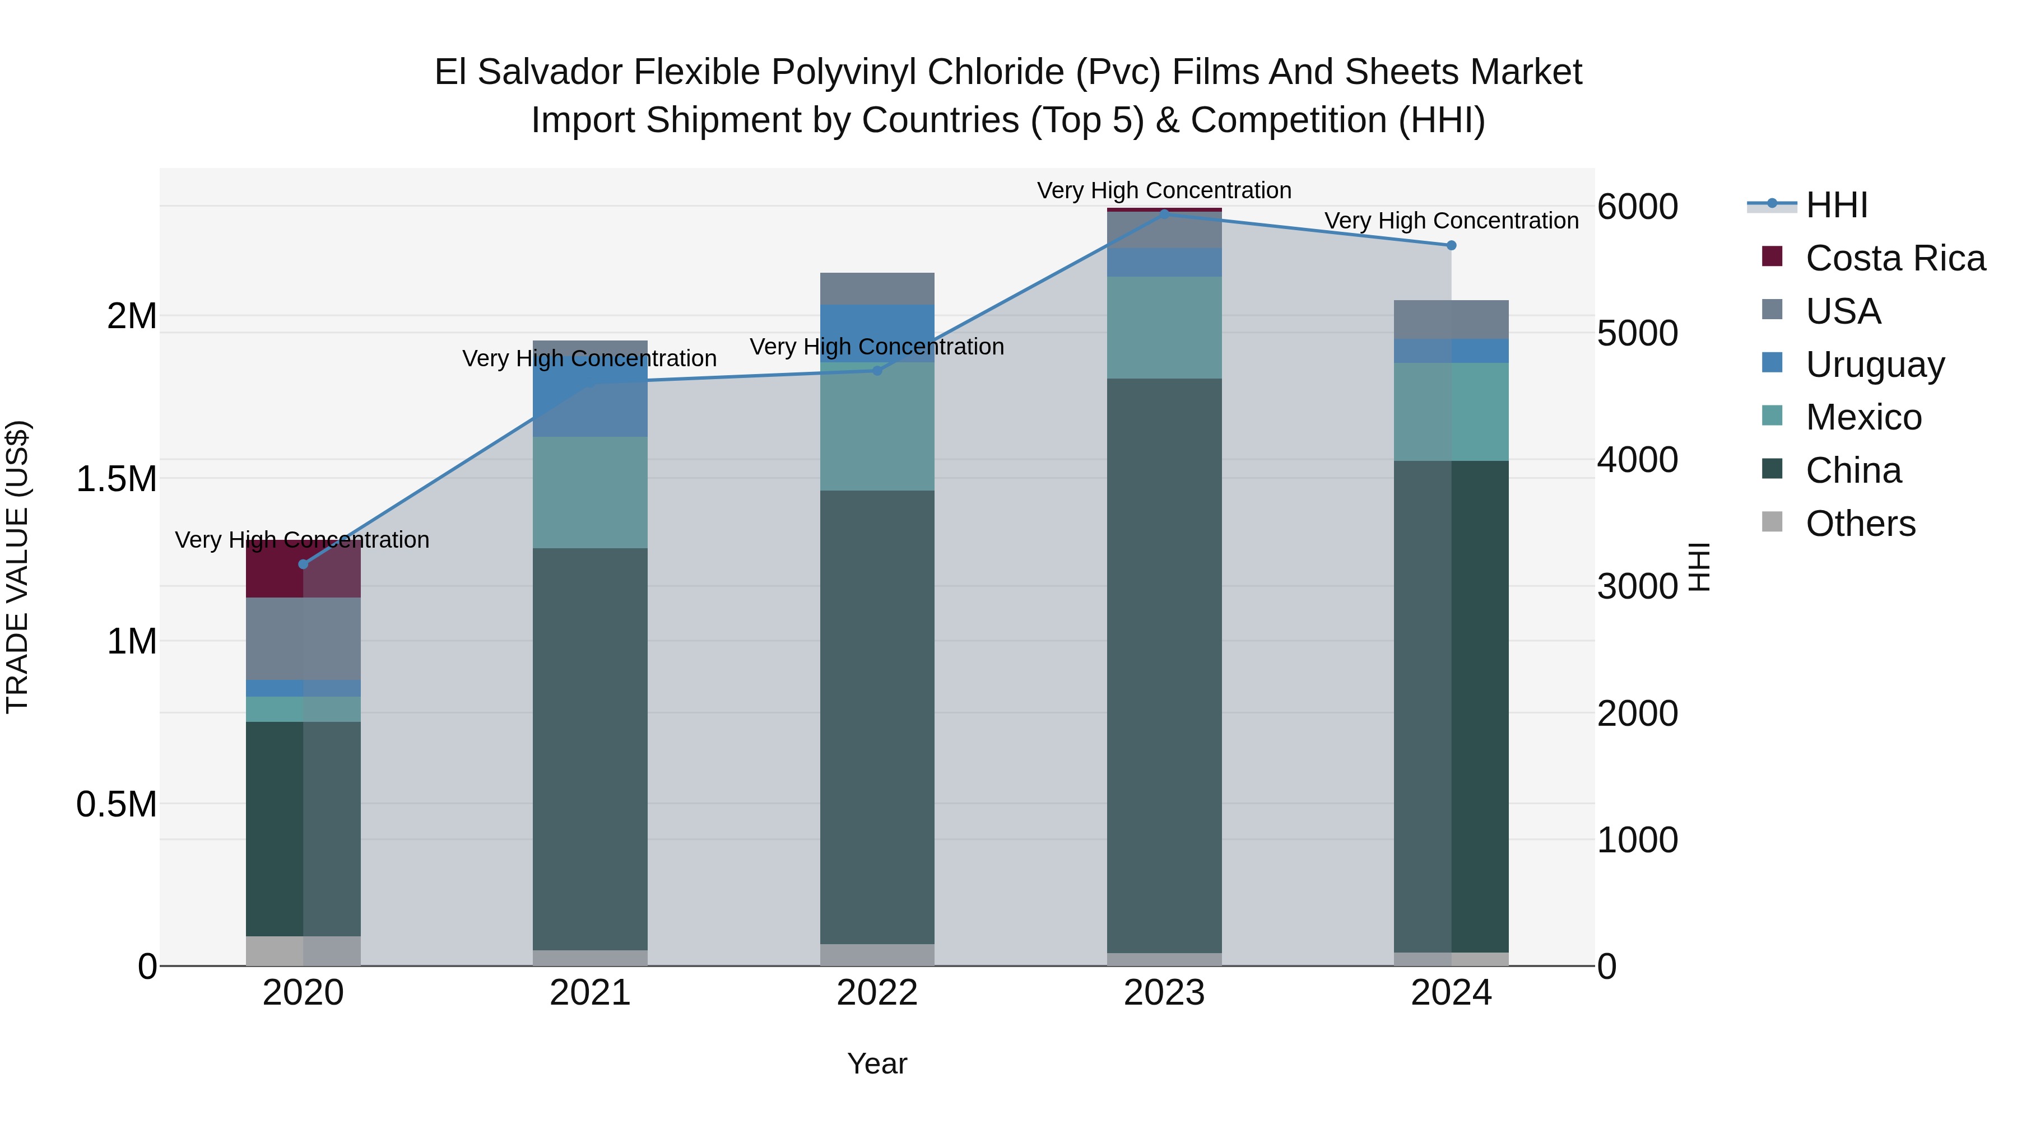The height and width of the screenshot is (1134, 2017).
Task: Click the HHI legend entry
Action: coord(1835,206)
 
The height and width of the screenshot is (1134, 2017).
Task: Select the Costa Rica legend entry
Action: coord(1894,258)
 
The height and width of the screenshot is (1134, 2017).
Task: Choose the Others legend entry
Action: coord(1860,524)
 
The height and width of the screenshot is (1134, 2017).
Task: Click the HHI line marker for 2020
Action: coord(303,564)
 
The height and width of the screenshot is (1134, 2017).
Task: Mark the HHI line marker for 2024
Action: coord(1451,246)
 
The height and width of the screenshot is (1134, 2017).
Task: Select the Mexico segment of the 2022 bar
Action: coord(877,427)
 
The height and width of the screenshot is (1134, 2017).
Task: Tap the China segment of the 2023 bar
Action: coord(1164,665)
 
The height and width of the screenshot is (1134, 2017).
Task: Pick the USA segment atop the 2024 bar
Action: coord(1451,319)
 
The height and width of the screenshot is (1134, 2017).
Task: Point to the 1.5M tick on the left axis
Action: coord(117,479)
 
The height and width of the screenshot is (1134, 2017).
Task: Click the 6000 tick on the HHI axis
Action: coord(1637,207)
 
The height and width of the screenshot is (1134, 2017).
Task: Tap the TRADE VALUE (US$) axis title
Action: coord(17,567)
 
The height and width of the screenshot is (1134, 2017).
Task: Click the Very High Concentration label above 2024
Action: coord(1451,221)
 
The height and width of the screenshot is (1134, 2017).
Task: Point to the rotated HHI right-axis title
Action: coord(1699,567)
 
